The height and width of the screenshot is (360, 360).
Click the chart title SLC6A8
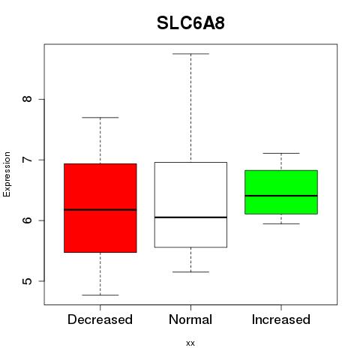190,23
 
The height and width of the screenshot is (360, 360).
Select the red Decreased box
100,208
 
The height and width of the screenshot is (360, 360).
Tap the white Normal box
190,205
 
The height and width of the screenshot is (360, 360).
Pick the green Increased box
281,192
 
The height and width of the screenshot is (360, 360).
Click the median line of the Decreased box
100,210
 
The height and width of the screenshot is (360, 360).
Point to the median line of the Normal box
190,217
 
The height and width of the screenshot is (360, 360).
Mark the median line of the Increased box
281,196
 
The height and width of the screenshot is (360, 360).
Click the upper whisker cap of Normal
190,54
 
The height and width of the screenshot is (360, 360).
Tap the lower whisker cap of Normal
190,271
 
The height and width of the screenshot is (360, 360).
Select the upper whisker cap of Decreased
100,117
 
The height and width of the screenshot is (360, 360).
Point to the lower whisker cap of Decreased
100,295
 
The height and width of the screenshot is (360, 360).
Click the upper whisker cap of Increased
281,153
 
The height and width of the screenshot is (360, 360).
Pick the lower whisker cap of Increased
281,223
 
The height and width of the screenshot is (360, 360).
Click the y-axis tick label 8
27,99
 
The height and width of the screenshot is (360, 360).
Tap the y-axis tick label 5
27,281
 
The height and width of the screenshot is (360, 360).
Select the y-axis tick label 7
27,160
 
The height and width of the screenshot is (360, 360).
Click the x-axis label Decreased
100,319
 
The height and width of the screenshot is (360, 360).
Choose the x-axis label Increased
281,319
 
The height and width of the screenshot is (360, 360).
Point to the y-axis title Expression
7,174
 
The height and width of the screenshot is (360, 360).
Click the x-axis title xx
190,343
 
